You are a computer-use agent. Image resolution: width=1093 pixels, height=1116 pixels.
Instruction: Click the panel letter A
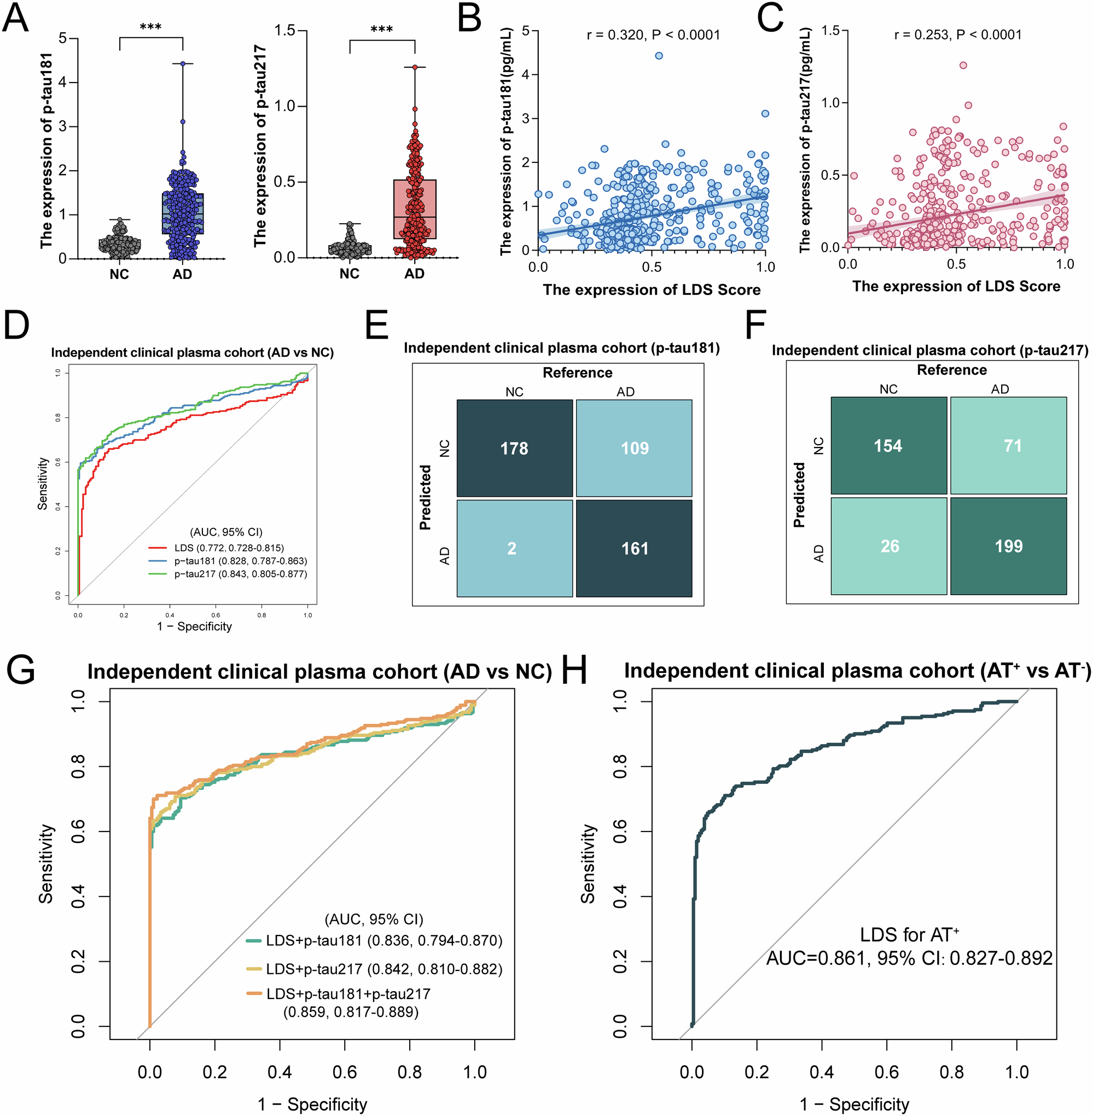pos(15,19)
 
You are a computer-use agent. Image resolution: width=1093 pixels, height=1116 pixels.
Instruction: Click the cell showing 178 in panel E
pos(514,448)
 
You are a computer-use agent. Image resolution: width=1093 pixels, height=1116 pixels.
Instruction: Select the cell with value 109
pos(635,448)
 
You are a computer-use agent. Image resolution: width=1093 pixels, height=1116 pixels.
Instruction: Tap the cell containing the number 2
pos(514,548)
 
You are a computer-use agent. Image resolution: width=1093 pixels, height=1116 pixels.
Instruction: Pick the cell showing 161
pos(635,548)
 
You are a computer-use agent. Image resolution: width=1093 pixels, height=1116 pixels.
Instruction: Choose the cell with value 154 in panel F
pos(888,445)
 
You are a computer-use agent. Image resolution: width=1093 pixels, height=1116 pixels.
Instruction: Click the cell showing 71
pos(1009,445)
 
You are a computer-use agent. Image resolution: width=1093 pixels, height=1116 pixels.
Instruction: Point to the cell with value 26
pos(888,546)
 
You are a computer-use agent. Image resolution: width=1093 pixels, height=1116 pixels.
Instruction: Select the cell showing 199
pos(1009,546)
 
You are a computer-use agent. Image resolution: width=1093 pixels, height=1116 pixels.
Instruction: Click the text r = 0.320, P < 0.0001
pos(653,35)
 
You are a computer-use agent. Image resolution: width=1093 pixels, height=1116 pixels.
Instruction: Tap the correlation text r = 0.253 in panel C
pos(958,34)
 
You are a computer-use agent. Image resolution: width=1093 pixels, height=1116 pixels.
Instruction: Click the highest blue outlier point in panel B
pos(659,56)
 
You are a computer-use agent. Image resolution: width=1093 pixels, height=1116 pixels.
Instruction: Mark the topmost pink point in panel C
pos(963,65)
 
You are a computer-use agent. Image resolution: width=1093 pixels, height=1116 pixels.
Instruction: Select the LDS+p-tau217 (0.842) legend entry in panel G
pos(383,969)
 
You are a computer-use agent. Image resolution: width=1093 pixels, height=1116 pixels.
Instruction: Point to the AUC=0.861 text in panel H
pos(909,957)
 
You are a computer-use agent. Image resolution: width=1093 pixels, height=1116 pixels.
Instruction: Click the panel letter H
pos(574,671)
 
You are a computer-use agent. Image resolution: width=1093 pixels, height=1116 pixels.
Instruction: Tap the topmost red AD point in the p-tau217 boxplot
pos(415,67)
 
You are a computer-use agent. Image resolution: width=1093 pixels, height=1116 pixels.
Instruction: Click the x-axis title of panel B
pos(652,289)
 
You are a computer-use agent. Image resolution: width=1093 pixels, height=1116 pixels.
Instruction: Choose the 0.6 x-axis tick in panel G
pos(345,1072)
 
